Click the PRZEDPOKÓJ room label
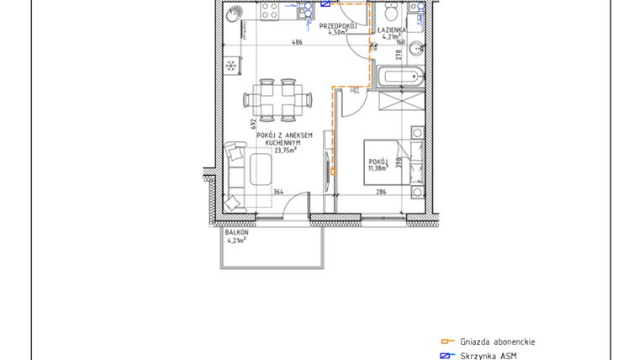tap(340, 26)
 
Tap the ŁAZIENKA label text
tap(393, 28)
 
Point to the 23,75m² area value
tap(286, 151)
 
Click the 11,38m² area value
tap(378, 167)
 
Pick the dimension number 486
tap(298, 43)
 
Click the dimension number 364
tap(278, 193)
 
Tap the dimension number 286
tap(380, 193)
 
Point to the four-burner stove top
tap(270, 12)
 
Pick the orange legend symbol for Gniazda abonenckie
tap(447, 341)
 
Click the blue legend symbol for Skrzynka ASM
tap(447, 356)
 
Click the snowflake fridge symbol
tap(232, 66)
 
